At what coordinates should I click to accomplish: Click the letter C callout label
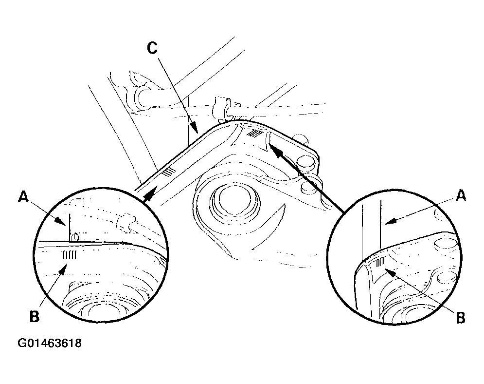(x=152, y=48)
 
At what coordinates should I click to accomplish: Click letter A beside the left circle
(x=24, y=197)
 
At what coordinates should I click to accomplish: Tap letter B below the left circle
(x=34, y=316)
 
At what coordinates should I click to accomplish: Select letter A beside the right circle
(x=461, y=195)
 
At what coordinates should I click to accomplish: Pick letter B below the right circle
(x=460, y=318)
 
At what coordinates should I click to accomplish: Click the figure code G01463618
(x=50, y=343)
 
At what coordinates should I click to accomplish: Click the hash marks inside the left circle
(x=70, y=255)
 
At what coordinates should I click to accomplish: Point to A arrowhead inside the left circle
(x=61, y=220)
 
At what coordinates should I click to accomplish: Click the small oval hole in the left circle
(x=74, y=237)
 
